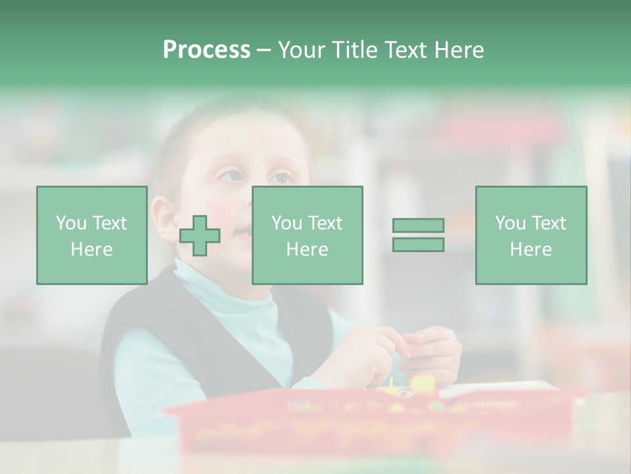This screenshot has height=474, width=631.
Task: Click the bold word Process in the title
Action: [x=206, y=50]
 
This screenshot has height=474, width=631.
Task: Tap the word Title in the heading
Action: [x=354, y=50]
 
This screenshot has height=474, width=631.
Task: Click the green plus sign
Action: [x=200, y=236]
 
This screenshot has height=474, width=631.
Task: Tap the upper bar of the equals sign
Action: [x=418, y=225]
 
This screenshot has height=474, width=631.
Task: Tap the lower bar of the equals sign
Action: [x=418, y=244]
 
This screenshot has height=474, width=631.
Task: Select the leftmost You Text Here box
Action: [x=92, y=235]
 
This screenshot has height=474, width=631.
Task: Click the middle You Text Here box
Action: [x=307, y=235]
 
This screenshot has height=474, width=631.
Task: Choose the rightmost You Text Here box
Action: [x=530, y=235]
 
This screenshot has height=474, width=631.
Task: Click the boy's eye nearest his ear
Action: [x=231, y=176]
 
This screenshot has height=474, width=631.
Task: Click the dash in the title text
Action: [x=264, y=50]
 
